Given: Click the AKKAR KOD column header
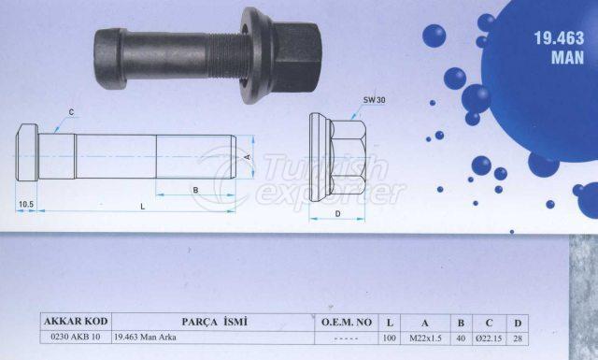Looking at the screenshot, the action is tap(76, 322).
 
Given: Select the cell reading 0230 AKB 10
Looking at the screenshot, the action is tap(76, 338).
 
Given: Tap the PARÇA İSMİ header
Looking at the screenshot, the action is tap(214, 322).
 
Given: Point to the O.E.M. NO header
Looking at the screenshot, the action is tap(347, 323).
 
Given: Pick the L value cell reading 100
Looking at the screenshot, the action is tap(390, 338).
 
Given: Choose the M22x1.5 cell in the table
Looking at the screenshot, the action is tap(425, 338).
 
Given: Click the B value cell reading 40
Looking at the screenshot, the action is tap(461, 338).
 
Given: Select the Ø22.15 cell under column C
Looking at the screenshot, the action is tap(489, 338).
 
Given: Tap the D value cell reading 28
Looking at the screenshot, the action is tap(518, 338).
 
